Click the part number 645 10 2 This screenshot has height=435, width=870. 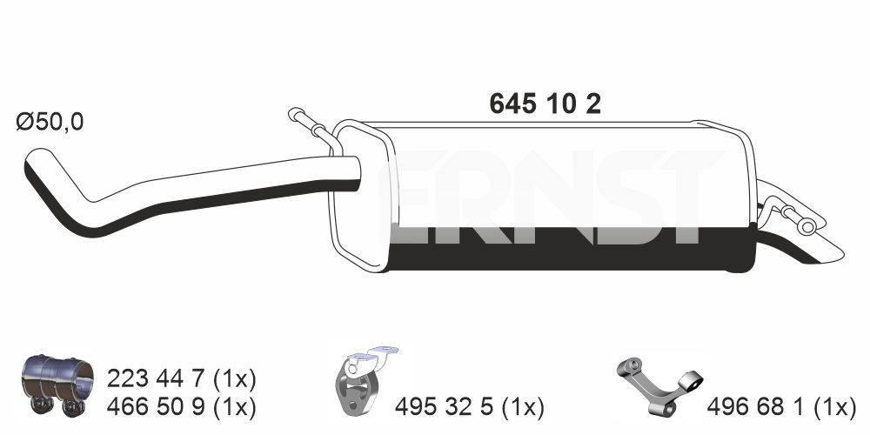pyautogui.click(x=545, y=104)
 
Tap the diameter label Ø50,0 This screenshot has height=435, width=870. pyautogui.click(x=50, y=122)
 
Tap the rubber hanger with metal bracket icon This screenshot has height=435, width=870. pyautogui.click(x=363, y=382)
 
